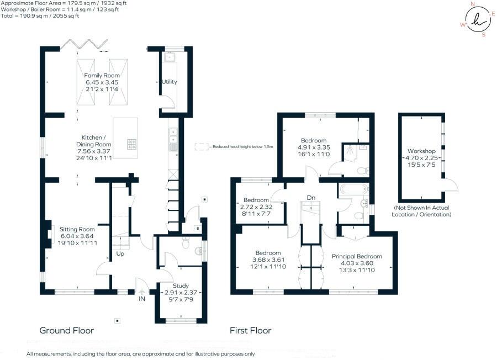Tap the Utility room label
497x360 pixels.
[169, 82]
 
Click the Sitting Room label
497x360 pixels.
[77, 229]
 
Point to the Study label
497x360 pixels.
[181, 285]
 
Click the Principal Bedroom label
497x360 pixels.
[357, 256]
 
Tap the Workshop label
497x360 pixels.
[421, 151]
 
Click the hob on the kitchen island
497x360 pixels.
[133, 144]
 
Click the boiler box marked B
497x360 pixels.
[197, 227]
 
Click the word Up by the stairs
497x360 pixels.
[120, 255]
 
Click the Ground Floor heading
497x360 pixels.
[66, 331]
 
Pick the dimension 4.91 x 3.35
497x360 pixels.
[313, 147]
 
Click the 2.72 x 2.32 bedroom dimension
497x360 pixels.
[257, 207]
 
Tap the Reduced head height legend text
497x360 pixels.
[241, 147]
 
